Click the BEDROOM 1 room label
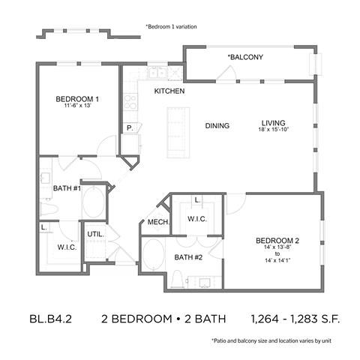pos(77,99)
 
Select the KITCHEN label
pos(169,91)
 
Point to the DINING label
pos(217,125)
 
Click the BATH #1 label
pos(67,188)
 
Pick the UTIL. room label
pos(96,234)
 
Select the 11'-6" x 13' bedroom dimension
pos(77,106)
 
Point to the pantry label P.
pos(129,128)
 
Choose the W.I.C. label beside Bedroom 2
pos(197,219)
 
